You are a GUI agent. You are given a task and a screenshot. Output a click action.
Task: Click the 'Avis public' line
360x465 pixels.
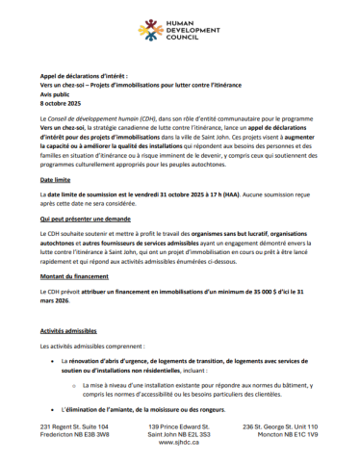point(57,93)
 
